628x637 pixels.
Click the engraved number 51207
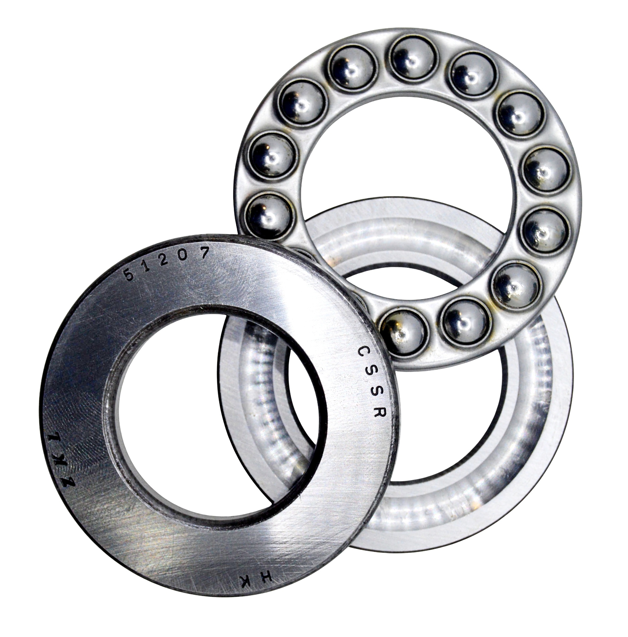click(167, 262)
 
